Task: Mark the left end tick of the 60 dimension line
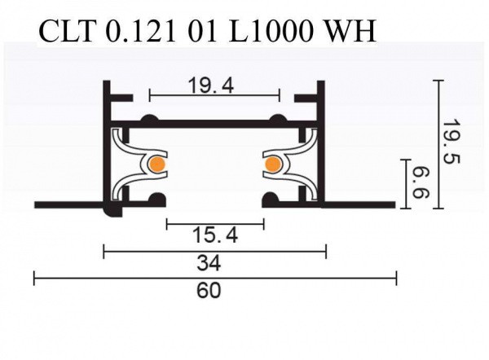tap(34, 279)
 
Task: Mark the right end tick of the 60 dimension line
tap(396, 279)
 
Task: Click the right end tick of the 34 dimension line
tap(325, 252)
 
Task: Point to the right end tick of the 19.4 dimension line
tap(280, 96)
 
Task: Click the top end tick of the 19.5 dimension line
tap(438, 81)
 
